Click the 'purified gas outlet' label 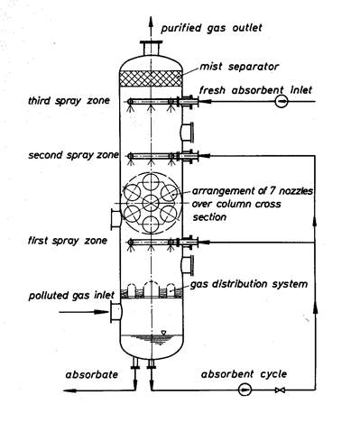(211, 28)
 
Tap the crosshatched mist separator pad (151, 78)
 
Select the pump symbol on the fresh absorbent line (282, 102)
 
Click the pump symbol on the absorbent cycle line (245, 390)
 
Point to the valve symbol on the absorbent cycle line (281, 390)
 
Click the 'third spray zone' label (69, 101)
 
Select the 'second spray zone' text (73, 155)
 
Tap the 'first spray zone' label (68, 241)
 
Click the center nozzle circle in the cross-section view (151, 203)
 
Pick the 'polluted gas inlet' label (71, 295)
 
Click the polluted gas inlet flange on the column (116, 312)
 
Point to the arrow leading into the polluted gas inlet (84, 312)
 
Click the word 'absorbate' (92, 375)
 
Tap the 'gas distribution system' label (249, 284)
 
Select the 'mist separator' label (239, 67)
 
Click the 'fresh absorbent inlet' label (255, 90)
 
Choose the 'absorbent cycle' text (244, 374)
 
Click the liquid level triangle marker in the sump (163, 333)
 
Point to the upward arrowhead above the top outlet (151, 23)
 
